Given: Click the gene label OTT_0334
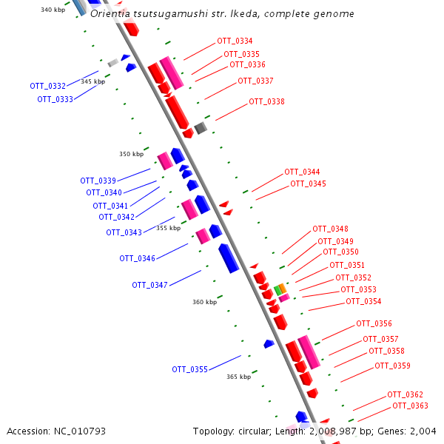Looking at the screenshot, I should (234, 41).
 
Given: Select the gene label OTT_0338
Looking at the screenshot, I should (266, 102).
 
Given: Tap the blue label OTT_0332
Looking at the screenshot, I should (47, 87).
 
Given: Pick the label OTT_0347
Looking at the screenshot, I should (149, 285).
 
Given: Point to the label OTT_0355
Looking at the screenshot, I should (189, 369).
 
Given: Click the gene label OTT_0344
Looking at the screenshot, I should (302, 172).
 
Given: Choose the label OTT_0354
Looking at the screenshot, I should (363, 302).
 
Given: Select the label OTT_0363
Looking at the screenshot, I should (410, 406).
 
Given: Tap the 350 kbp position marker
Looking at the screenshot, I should (131, 155).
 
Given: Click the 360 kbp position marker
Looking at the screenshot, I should (204, 302).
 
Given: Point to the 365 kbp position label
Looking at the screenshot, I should (238, 377).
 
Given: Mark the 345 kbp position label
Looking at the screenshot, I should (93, 81).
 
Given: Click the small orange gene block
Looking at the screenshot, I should (283, 288).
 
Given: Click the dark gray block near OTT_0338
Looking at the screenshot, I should (201, 128).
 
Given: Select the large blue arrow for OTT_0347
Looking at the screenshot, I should (229, 258).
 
